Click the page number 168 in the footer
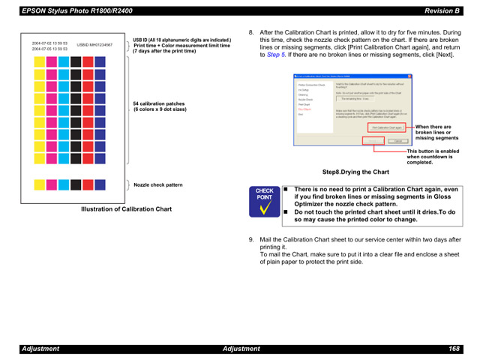point(454,349)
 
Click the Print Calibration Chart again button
point(387,127)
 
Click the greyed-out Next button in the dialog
point(374,141)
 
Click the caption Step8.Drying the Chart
point(355,172)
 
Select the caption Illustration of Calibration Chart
point(127,209)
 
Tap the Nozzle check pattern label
point(157,184)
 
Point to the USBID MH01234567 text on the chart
point(94,45)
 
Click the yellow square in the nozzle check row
point(40,184)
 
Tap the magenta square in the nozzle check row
point(52,184)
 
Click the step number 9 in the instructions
point(251,240)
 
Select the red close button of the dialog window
point(409,76)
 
